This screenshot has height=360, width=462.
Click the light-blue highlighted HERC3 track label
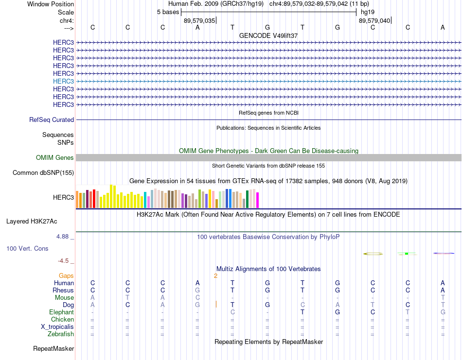tap(63, 81)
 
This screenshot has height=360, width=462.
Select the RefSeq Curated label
tap(52, 120)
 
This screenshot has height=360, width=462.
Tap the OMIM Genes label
tap(55, 157)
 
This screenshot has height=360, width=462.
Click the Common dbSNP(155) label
tap(43, 173)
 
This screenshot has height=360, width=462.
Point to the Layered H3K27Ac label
tap(32, 222)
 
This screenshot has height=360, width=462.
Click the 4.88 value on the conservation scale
tap(62, 237)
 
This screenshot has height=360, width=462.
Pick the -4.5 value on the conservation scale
tap(63, 261)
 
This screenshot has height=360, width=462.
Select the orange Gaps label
tap(66, 276)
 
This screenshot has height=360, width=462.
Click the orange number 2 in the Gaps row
tap(215, 276)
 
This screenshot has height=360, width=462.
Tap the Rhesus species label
tap(63, 290)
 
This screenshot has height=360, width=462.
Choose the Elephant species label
tap(62, 312)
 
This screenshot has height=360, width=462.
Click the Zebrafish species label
tap(61, 334)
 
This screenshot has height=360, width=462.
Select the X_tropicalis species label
tap(57, 327)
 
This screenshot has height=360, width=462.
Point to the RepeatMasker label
tap(53, 349)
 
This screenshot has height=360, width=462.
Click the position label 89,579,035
tap(199, 20)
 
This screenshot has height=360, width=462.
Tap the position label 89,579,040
tap(374, 20)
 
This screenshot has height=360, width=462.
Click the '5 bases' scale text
tap(168, 12)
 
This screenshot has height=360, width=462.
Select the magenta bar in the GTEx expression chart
tap(258, 200)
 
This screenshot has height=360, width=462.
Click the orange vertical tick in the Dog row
tap(216, 304)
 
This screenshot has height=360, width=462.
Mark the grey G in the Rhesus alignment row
tap(197, 290)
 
